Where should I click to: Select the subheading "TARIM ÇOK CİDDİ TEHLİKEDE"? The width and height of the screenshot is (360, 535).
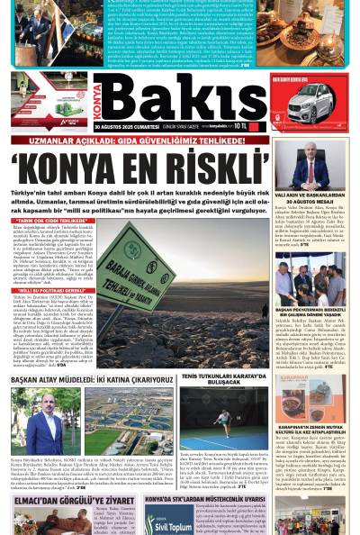(x=49, y=220)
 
